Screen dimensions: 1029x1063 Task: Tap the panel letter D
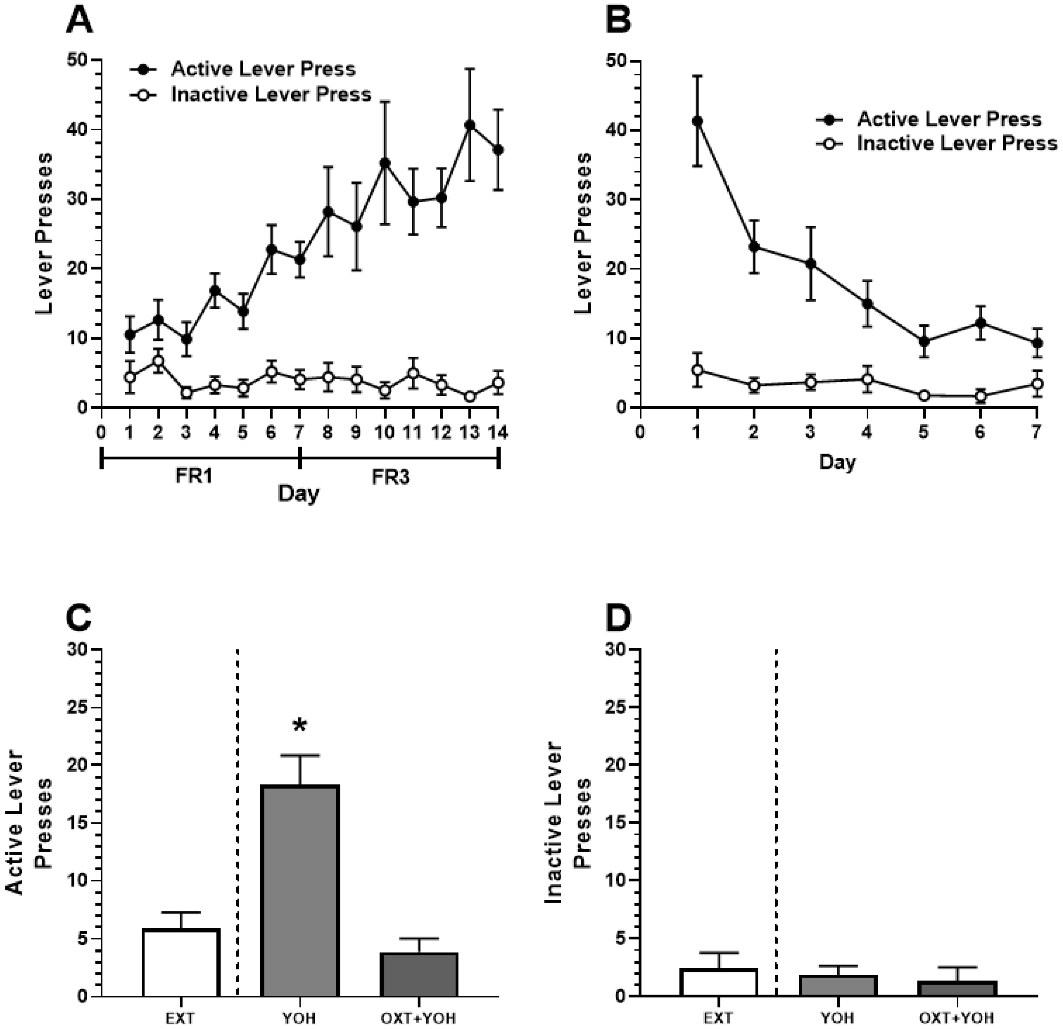(x=618, y=619)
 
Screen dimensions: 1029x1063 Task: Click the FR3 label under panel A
(x=391, y=477)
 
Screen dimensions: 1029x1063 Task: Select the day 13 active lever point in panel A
(x=470, y=125)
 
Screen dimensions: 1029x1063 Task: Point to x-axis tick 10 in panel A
(x=385, y=432)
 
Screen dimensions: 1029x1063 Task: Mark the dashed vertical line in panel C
(x=238, y=813)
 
